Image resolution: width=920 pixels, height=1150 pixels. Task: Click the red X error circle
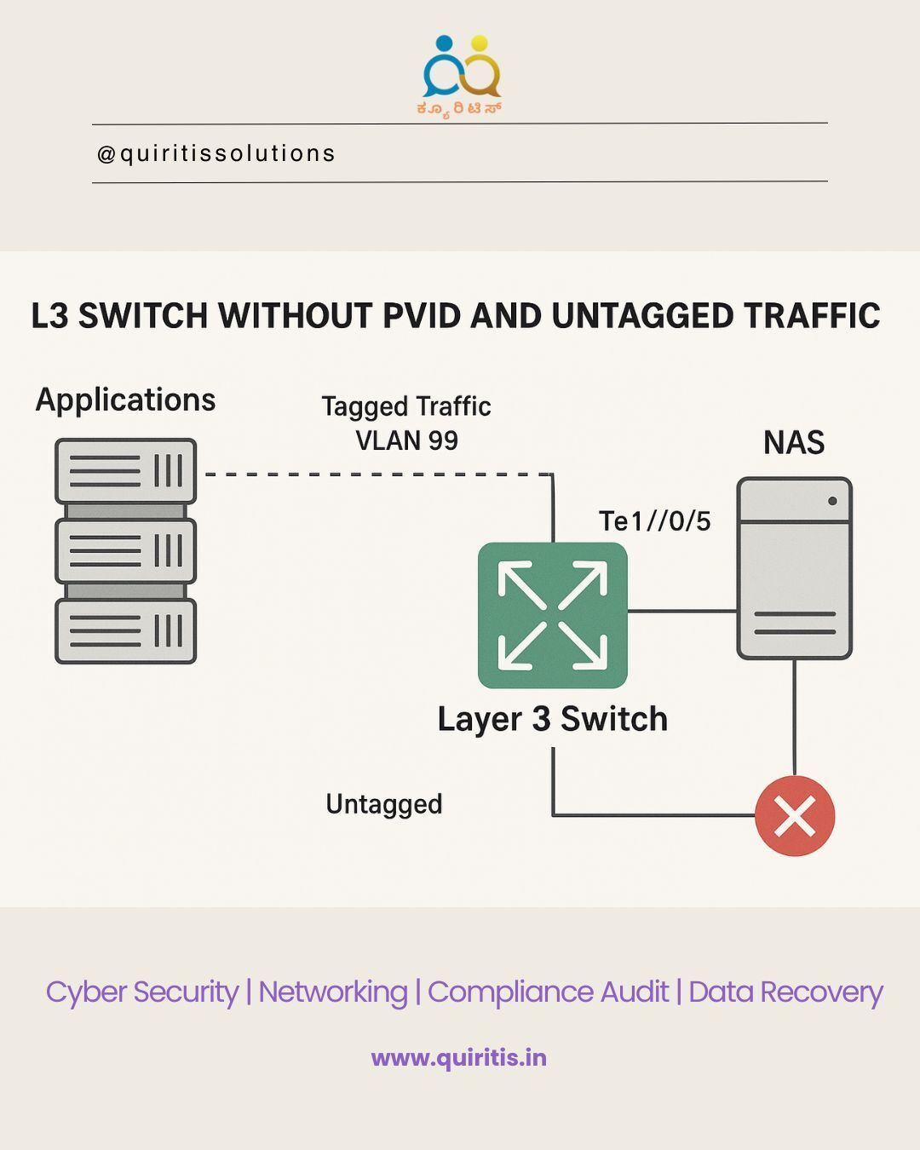click(795, 816)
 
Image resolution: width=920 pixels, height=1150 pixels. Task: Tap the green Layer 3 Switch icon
click(553, 615)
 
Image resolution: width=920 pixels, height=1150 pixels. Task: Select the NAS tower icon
click(794, 568)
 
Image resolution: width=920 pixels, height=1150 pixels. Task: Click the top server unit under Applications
click(126, 470)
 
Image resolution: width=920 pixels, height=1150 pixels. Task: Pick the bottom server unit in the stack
click(126, 631)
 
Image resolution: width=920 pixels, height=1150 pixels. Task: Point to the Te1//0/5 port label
click(654, 520)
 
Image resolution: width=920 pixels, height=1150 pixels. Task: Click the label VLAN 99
click(406, 440)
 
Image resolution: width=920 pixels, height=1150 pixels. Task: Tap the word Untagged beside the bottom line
click(384, 804)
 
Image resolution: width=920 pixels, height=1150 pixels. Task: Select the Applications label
click(125, 400)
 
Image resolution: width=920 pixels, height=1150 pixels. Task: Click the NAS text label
click(794, 443)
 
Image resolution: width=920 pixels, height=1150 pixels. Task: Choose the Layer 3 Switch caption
click(552, 719)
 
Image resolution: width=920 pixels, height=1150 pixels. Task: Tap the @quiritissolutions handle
click(216, 153)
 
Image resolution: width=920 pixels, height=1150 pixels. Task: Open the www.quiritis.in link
click(459, 1058)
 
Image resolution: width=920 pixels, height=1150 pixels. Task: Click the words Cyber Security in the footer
click(142, 992)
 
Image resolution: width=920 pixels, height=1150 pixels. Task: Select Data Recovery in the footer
click(785, 992)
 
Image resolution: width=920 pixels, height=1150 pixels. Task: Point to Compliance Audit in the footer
click(548, 992)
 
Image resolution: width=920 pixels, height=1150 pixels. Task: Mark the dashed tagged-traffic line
click(375, 474)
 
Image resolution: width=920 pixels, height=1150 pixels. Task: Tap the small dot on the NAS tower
click(832, 501)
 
